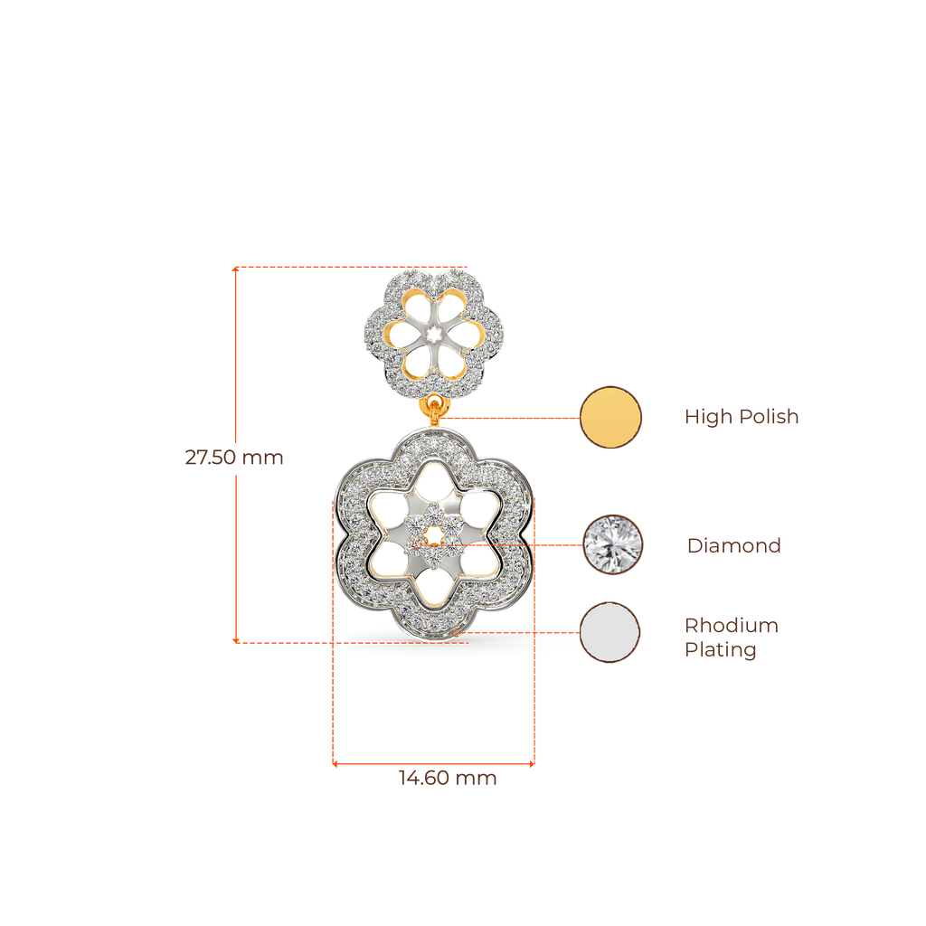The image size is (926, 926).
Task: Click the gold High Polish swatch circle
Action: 610,417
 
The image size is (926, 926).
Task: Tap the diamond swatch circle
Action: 614,544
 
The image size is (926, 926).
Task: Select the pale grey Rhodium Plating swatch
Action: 609,632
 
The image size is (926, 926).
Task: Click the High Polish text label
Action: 742,417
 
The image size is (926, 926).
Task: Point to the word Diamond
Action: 733,545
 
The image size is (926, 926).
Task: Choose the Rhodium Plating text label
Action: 731,638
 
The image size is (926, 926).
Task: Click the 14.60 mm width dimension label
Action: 448,779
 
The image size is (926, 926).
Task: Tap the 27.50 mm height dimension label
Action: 233,458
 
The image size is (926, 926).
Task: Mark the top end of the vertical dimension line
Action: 235,269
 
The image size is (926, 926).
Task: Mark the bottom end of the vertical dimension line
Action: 235,640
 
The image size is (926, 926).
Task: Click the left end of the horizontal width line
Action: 335,764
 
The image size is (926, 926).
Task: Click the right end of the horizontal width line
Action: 533,764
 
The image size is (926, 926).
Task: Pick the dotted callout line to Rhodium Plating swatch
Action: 524,633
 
